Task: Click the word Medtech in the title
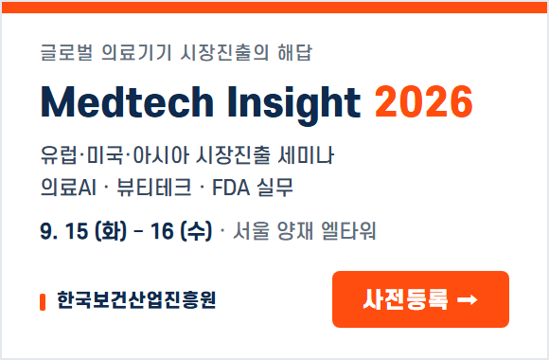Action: [127, 102]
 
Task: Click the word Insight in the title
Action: [293, 105]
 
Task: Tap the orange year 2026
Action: [424, 101]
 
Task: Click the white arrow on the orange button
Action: [467, 299]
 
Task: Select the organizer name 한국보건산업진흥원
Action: [136, 300]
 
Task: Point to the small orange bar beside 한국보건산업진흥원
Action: [43, 302]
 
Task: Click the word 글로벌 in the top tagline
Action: [67, 53]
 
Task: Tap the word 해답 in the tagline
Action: [294, 53]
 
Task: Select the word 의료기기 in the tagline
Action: [136, 53]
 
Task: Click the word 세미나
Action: [306, 155]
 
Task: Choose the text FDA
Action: [231, 188]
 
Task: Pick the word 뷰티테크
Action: [154, 188]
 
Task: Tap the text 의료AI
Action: [68, 188]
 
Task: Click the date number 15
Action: [77, 231]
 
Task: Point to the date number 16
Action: [162, 231]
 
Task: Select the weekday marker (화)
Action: [111, 231]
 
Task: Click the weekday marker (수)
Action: [196, 231]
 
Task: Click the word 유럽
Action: [59, 155]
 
